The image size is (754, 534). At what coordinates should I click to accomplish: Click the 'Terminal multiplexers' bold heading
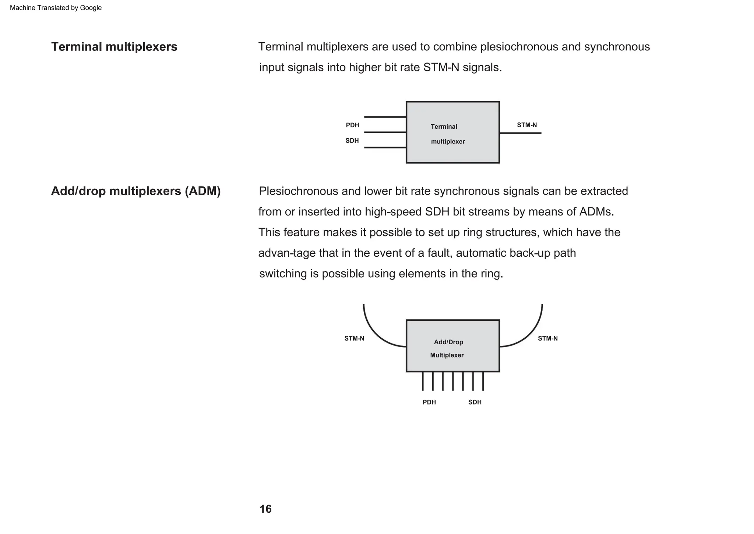point(114,47)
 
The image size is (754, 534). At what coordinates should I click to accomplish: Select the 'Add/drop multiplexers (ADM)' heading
point(136,191)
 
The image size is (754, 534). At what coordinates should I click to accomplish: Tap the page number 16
point(265,509)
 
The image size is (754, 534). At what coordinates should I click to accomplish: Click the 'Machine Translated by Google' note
point(56,8)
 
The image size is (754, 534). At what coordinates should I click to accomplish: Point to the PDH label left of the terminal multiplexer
point(352,125)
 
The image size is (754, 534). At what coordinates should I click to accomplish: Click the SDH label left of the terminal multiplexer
point(352,140)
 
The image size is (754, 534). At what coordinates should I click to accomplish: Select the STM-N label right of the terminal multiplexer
point(527,125)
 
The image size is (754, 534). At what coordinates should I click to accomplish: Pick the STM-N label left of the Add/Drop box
point(354,338)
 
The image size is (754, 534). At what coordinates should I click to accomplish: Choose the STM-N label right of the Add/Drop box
point(548,338)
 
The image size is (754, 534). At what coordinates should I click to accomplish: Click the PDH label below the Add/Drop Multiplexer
point(429,402)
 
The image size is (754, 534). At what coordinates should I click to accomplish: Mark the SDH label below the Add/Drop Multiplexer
point(475,402)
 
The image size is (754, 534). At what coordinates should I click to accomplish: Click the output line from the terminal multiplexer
point(520,133)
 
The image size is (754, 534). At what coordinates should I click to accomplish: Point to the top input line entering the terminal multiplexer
point(385,117)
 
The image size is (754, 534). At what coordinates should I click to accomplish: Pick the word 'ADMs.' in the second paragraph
point(597,212)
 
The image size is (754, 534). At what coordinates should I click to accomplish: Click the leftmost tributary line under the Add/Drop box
point(423,381)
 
